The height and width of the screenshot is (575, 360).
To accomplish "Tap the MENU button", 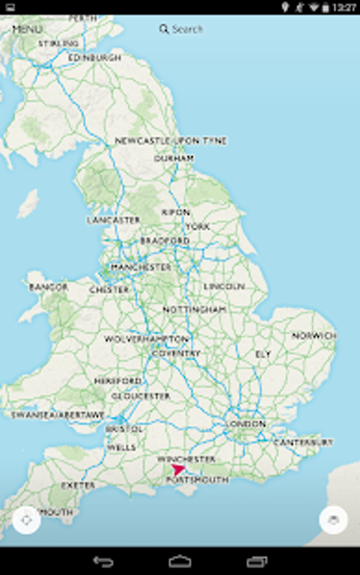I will tap(27, 29).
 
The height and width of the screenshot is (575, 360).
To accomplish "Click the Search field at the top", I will tap(181, 29).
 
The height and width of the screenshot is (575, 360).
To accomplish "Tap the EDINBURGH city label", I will tap(94, 58).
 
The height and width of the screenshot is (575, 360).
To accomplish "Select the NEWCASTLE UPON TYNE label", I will tap(171, 141).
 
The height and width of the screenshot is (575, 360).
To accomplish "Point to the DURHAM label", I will tap(174, 158).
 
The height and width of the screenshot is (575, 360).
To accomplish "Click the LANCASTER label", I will tap(114, 220).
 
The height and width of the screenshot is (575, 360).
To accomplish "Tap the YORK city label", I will tap(198, 226).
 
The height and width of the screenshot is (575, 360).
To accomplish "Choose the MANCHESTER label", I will tap(141, 267).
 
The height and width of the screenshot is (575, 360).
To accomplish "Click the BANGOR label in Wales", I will tap(49, 287).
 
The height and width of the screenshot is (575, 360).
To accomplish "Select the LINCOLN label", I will tap(224, 286).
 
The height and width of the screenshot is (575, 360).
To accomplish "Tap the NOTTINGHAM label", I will tap(194, 310).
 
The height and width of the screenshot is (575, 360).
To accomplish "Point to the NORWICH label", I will tap(314, 336).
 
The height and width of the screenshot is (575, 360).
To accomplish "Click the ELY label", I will tap(263, 354).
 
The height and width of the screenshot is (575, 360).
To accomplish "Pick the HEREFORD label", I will tap(118, 381).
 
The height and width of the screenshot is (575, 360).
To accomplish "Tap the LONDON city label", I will tap(246, 424).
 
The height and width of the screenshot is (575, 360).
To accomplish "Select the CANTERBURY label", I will tap(303, 442).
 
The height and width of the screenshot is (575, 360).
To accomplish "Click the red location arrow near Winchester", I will tap(178, 470).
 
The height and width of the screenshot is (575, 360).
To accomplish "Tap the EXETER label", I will tap(78, 485).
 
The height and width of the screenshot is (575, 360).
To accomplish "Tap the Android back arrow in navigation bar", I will tap(103, 561).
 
